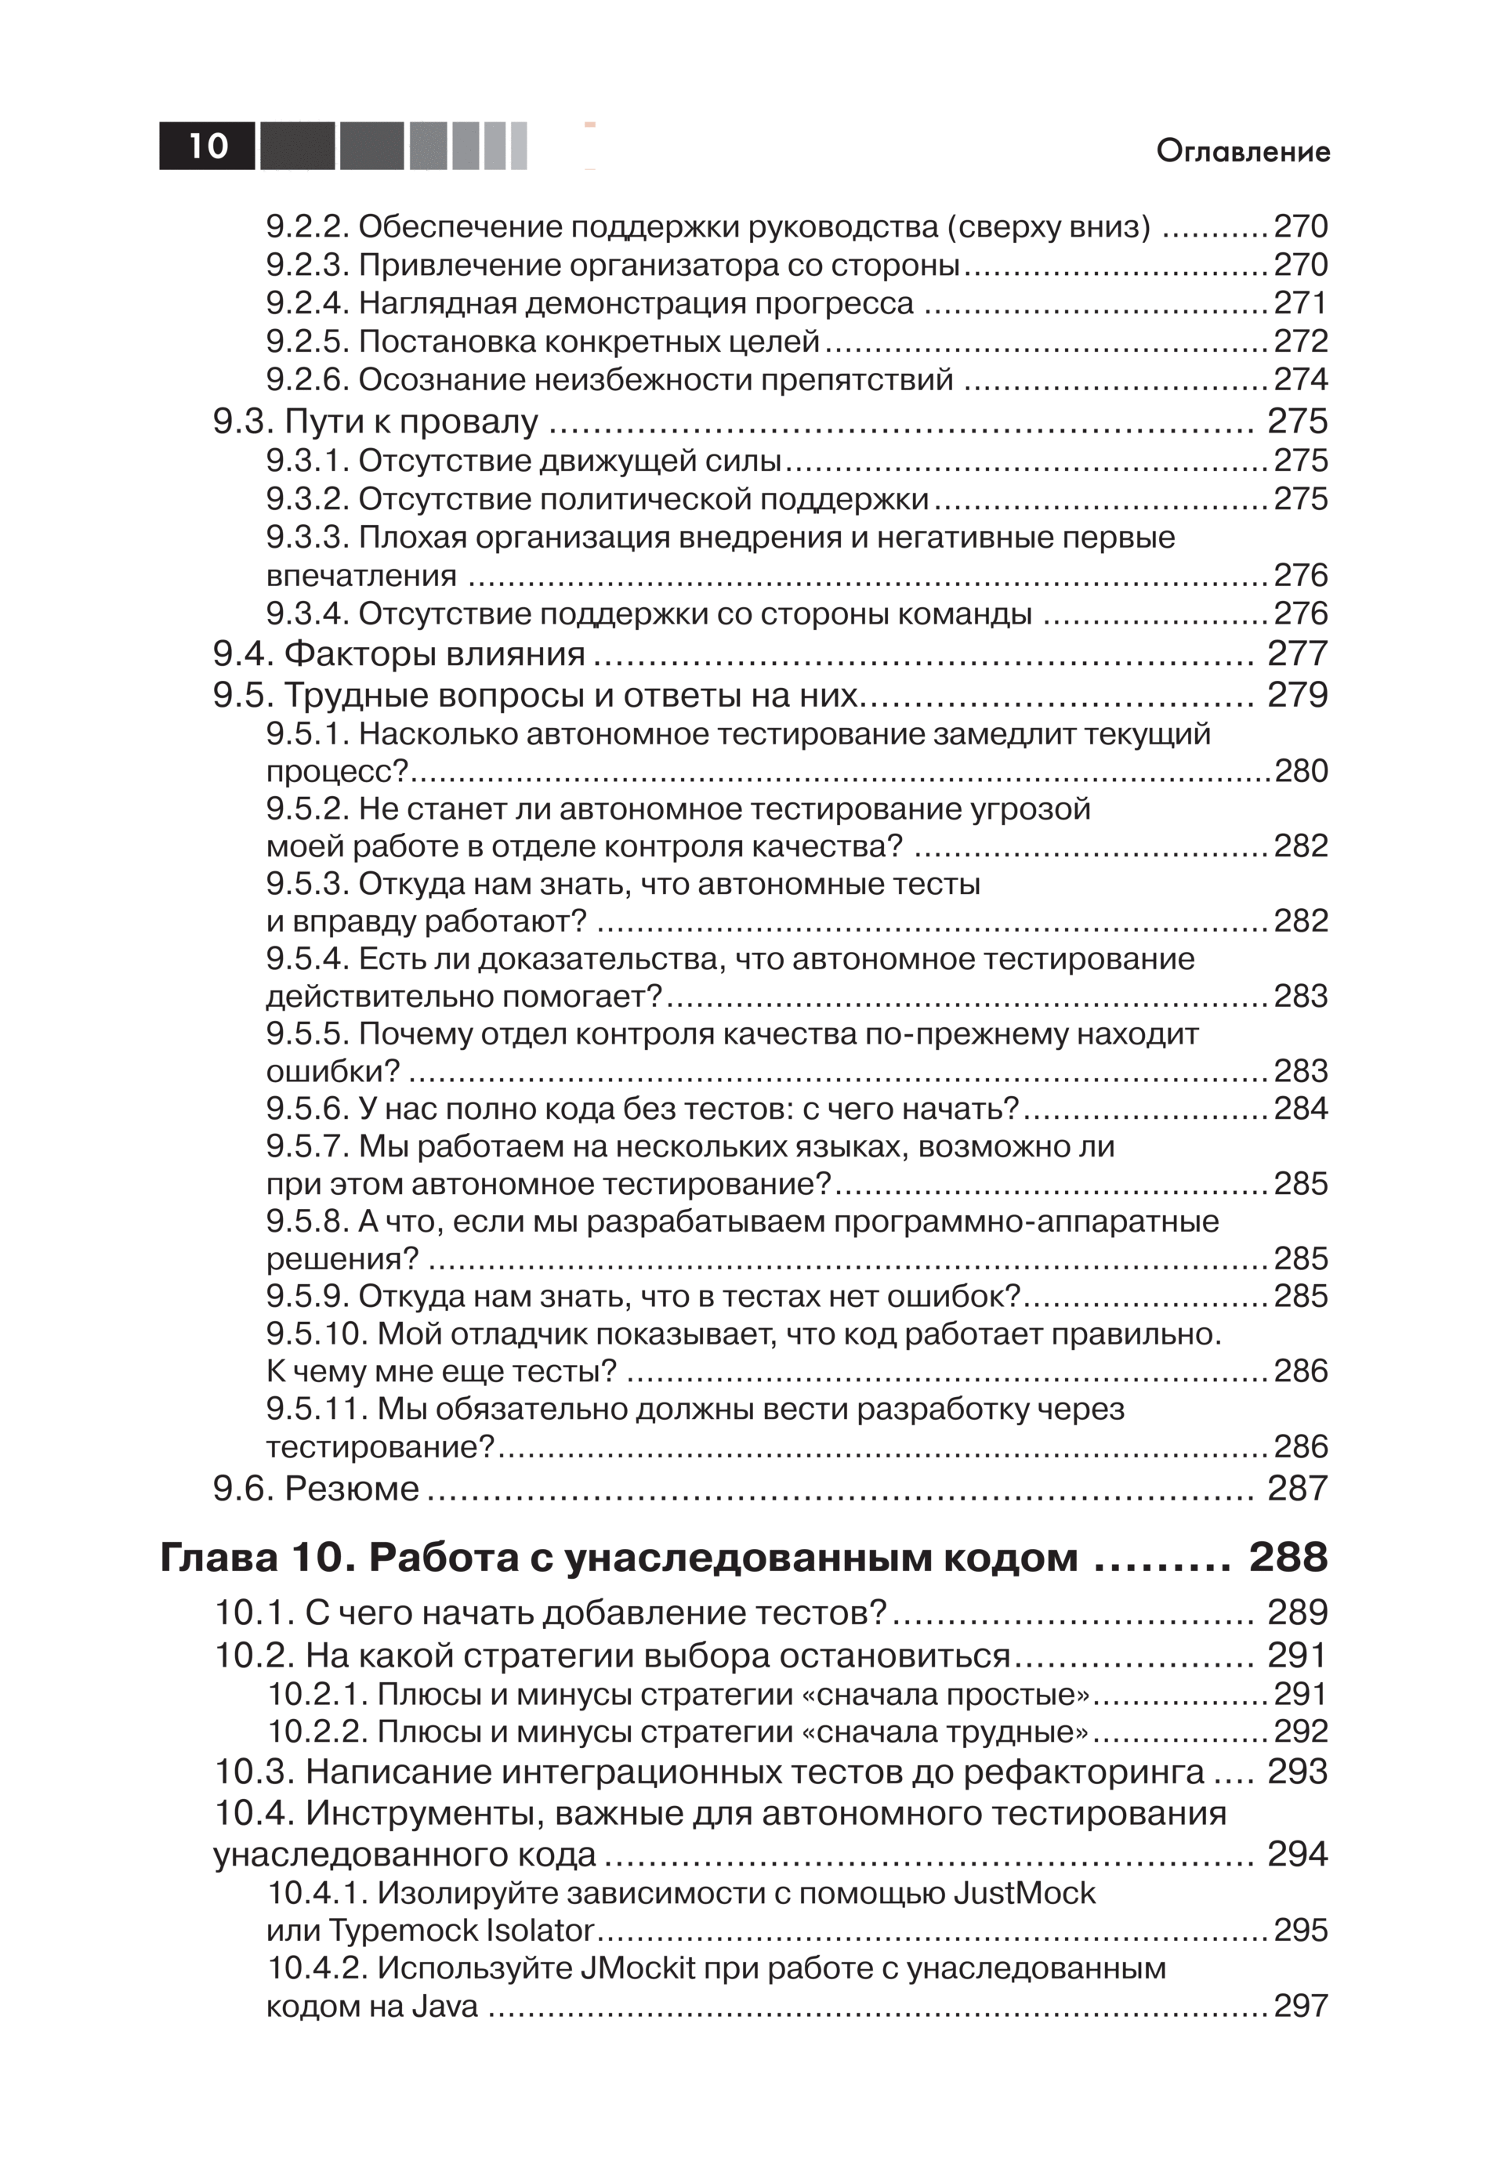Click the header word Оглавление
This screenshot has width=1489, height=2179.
1242,151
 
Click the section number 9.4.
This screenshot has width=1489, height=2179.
243,653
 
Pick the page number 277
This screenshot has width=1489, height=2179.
1298,653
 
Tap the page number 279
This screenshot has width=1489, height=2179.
1298,694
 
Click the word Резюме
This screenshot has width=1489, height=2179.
352,1488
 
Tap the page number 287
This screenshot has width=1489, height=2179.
1298,1488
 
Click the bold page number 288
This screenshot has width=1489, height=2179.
1288,1558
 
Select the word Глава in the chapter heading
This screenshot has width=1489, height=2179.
218,1558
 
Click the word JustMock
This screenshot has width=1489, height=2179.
1024,1892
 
